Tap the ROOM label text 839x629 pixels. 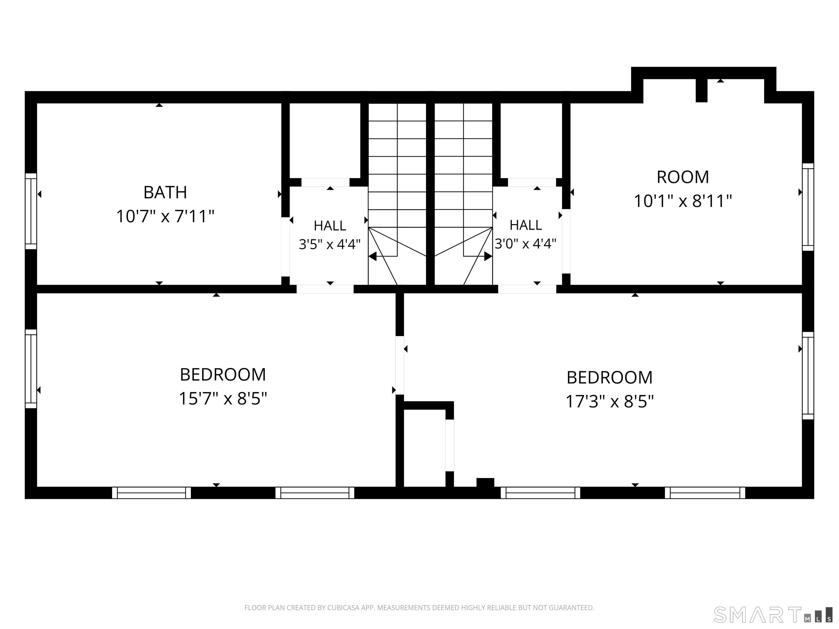pos(683,177)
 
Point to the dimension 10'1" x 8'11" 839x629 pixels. pos(683,201)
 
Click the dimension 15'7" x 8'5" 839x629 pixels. pos(223,399)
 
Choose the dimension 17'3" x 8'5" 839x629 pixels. pos(610,401)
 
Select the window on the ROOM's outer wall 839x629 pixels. pos(808,207)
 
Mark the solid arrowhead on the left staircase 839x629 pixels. pos(373,256)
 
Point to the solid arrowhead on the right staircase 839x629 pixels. pos(488,256)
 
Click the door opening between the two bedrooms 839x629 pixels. pos(400,365)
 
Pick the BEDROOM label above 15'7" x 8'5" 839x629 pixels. pos(223,375)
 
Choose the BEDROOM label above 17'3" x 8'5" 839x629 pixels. pos(610,377)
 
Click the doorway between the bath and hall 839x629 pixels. pos(285,247)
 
